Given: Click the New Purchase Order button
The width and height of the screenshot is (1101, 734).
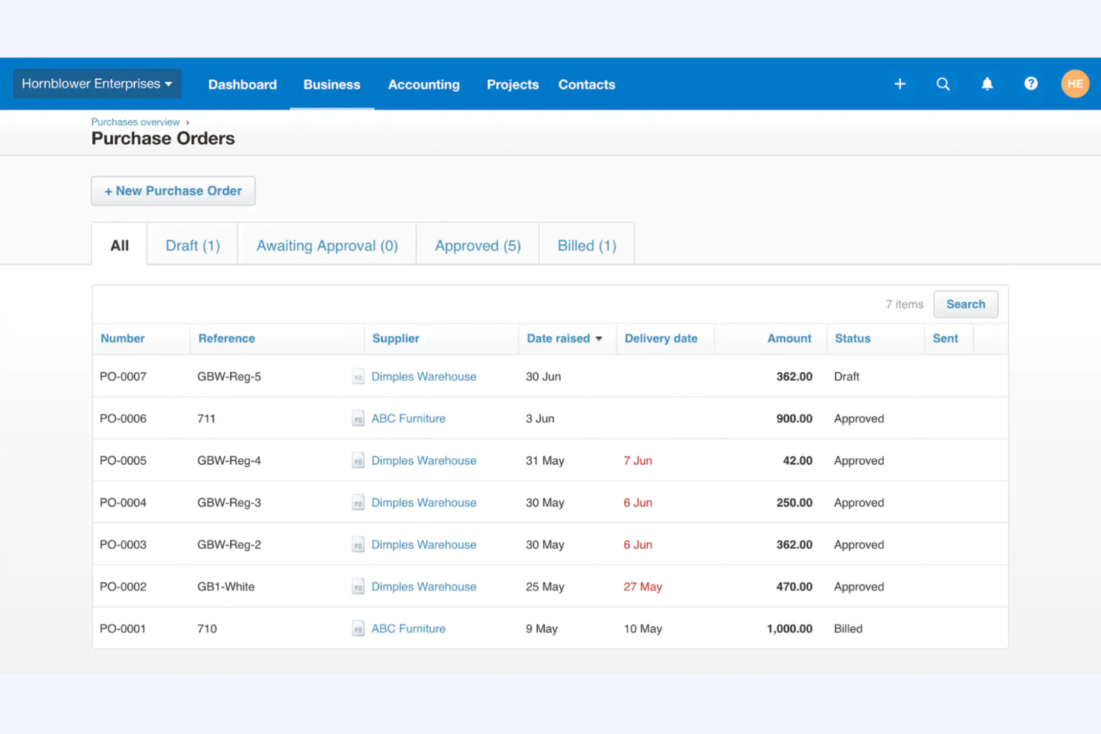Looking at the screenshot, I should [x=173, y=191].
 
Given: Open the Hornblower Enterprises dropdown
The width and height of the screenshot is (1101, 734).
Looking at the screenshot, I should [x=97, y=84].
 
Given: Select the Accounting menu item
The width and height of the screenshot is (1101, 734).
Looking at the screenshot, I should [x=423, y=85].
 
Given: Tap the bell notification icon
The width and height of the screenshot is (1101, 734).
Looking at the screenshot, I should [x=986, y=84].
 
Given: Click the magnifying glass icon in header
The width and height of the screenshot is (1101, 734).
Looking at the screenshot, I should [x=943, y=84].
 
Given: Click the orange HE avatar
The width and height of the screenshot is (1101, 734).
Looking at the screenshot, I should [x=1074, y=84].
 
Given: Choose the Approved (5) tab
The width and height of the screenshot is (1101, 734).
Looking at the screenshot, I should [x=478, y=245].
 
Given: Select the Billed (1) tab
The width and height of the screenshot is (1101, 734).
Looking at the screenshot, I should [x=586, y=245].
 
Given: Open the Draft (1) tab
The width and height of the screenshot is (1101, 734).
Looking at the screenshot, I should [x=193, y=245].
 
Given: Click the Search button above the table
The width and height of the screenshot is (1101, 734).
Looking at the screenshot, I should [x=965, y=304].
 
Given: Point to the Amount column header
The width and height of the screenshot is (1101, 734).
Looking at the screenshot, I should [x=789, y=338].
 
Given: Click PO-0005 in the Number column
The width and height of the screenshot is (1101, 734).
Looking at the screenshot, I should [x=123, y=460].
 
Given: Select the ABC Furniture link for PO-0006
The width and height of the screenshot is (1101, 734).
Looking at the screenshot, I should [x=408, y=419].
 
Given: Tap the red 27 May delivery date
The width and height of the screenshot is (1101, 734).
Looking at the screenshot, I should [x=642, y=587].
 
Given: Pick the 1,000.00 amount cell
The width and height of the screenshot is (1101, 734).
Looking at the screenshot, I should [x=789, y=628].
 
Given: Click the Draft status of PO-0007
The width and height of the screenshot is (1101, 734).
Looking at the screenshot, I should [x=846, y=376].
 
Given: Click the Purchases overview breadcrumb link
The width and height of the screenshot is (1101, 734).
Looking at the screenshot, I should [x=135, y=122].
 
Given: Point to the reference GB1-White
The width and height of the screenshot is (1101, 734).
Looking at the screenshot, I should [x=225, y=587].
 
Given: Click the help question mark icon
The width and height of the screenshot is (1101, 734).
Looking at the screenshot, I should [x=1030, y=84].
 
